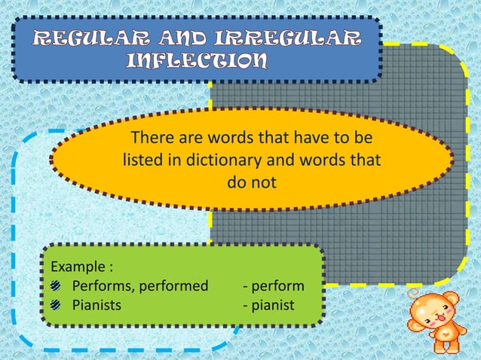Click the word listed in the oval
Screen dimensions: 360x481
tap(141, 160)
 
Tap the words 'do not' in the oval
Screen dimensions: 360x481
tap(252, 182)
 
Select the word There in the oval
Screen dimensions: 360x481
tap(149, 139)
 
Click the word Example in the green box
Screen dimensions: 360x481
tap(77, 267)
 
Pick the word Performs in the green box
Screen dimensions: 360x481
tap(99, 286)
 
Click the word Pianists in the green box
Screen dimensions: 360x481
tap(96, 306)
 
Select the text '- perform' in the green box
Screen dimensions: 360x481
tap(273, 286)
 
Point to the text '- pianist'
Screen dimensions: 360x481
tap(268, 306)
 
